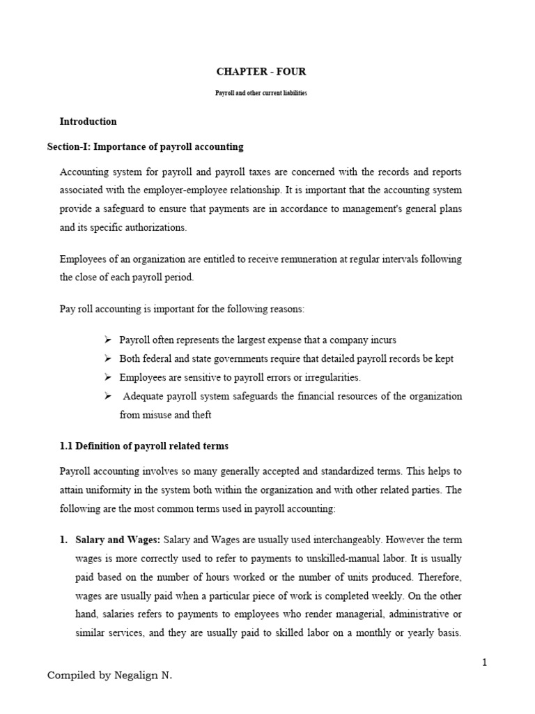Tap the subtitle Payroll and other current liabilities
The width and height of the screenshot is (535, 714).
(x=261, y=93)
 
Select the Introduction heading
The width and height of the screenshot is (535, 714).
(x=88, y=121)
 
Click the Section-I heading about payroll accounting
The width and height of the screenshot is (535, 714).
(x=145, y=146)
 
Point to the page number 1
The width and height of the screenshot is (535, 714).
(x=484, y=662)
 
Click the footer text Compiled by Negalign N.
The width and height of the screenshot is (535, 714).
(x=109, y=676)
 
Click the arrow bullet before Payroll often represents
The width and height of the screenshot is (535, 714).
(x=108, y=340)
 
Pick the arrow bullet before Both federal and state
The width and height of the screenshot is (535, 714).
(x=108, y=359)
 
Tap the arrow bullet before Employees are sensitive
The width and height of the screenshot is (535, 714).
(x=108, y=377)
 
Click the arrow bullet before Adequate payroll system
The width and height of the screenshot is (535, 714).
(x=108, y=396)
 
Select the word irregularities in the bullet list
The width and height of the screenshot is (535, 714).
(x=329, y=377)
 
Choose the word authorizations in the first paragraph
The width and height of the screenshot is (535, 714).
(x=162, y=227)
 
